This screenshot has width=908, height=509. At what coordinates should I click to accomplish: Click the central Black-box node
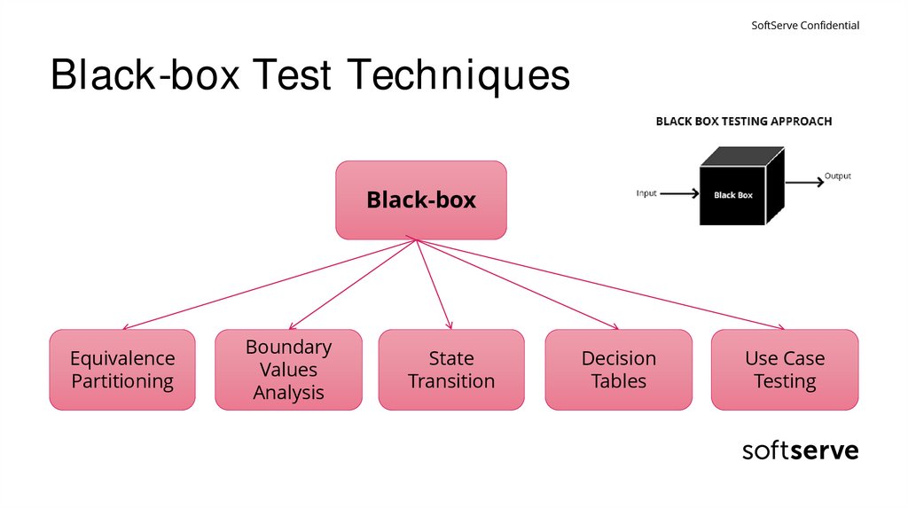pyautogui.click(x=421, y=200)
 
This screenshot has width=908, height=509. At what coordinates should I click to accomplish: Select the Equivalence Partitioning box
pyautogui.click(x=122, y=370)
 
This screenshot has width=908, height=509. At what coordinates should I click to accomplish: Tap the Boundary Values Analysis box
pyautogui.click(x=288, y=370)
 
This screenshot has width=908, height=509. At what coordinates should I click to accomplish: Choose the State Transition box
pyautogui.click(x=450, y=370)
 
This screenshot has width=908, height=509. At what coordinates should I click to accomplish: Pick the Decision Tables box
pyautogui.click(x=618, y=370)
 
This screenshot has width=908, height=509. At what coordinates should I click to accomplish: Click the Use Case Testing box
pyautogui.click(x=784, y=370)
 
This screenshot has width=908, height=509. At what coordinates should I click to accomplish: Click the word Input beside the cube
pyautogui.click(x=646, y=192)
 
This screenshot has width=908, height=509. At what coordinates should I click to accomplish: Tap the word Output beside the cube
pyautogui.click(x=837, y=176)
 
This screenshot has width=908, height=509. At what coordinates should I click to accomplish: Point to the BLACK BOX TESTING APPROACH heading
pyautogui.click(x=743, y=121)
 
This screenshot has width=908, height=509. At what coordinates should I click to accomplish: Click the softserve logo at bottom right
pyautogui.click(x=800, y=450)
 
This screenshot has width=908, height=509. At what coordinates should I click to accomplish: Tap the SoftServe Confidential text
pyautogui.click(x=805, y=26)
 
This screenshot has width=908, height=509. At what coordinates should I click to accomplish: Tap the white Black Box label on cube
pyautogui.click(x=732, y=195)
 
